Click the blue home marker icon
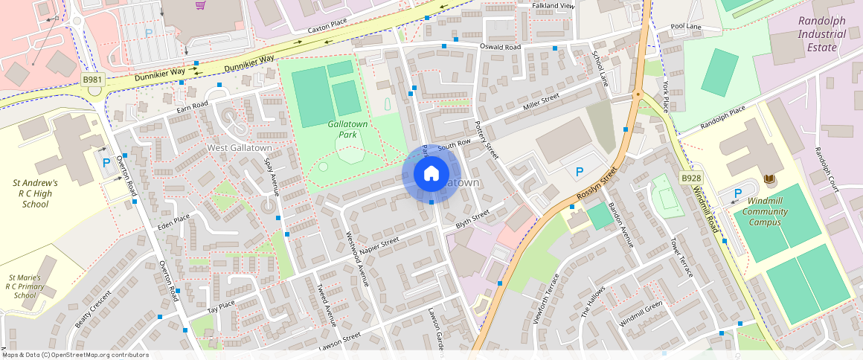[x=431, y=174]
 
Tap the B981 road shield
[x=92, y=80]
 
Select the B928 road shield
[x=691, y=178]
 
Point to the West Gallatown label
[x=240, y=147]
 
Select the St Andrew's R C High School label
[x=35, y=193]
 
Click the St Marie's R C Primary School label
[x=25, y=286]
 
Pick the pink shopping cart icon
[x=200, y=6]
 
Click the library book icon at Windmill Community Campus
[x=769, y=179]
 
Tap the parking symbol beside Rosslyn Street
[x=580, y=172]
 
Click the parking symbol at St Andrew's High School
[x=106, y=162]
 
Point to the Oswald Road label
[x=501, y=47]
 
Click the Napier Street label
[x=380, y=246]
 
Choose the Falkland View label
[x=554, y=6]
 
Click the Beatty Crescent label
[x=92, y=309]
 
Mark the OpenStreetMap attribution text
[x=74, y=355]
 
